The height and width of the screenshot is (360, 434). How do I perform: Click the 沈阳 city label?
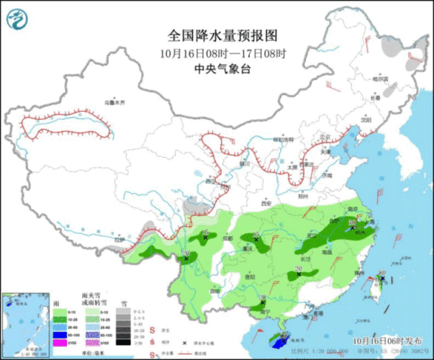(366, 121)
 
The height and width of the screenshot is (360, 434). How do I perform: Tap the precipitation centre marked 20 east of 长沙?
(298, 274)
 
